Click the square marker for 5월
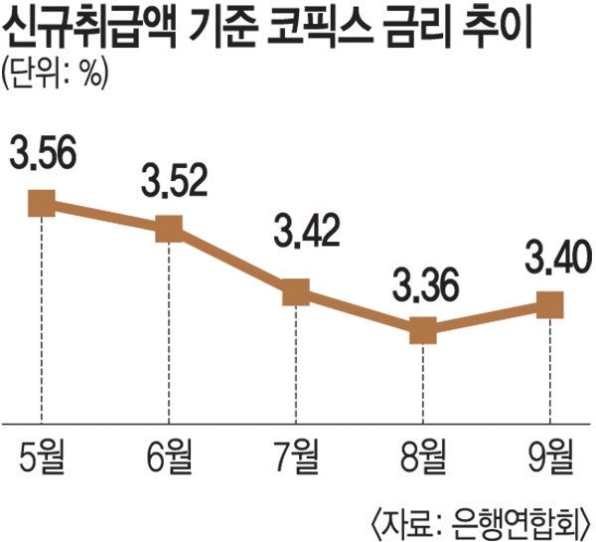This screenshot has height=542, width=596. (42, 204)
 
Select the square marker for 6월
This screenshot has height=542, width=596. (169, 228)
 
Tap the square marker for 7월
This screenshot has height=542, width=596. (296, 292)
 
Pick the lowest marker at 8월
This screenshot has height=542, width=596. (423, 329)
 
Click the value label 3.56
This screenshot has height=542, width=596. (44, 155)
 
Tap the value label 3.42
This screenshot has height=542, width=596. (299, 233)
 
